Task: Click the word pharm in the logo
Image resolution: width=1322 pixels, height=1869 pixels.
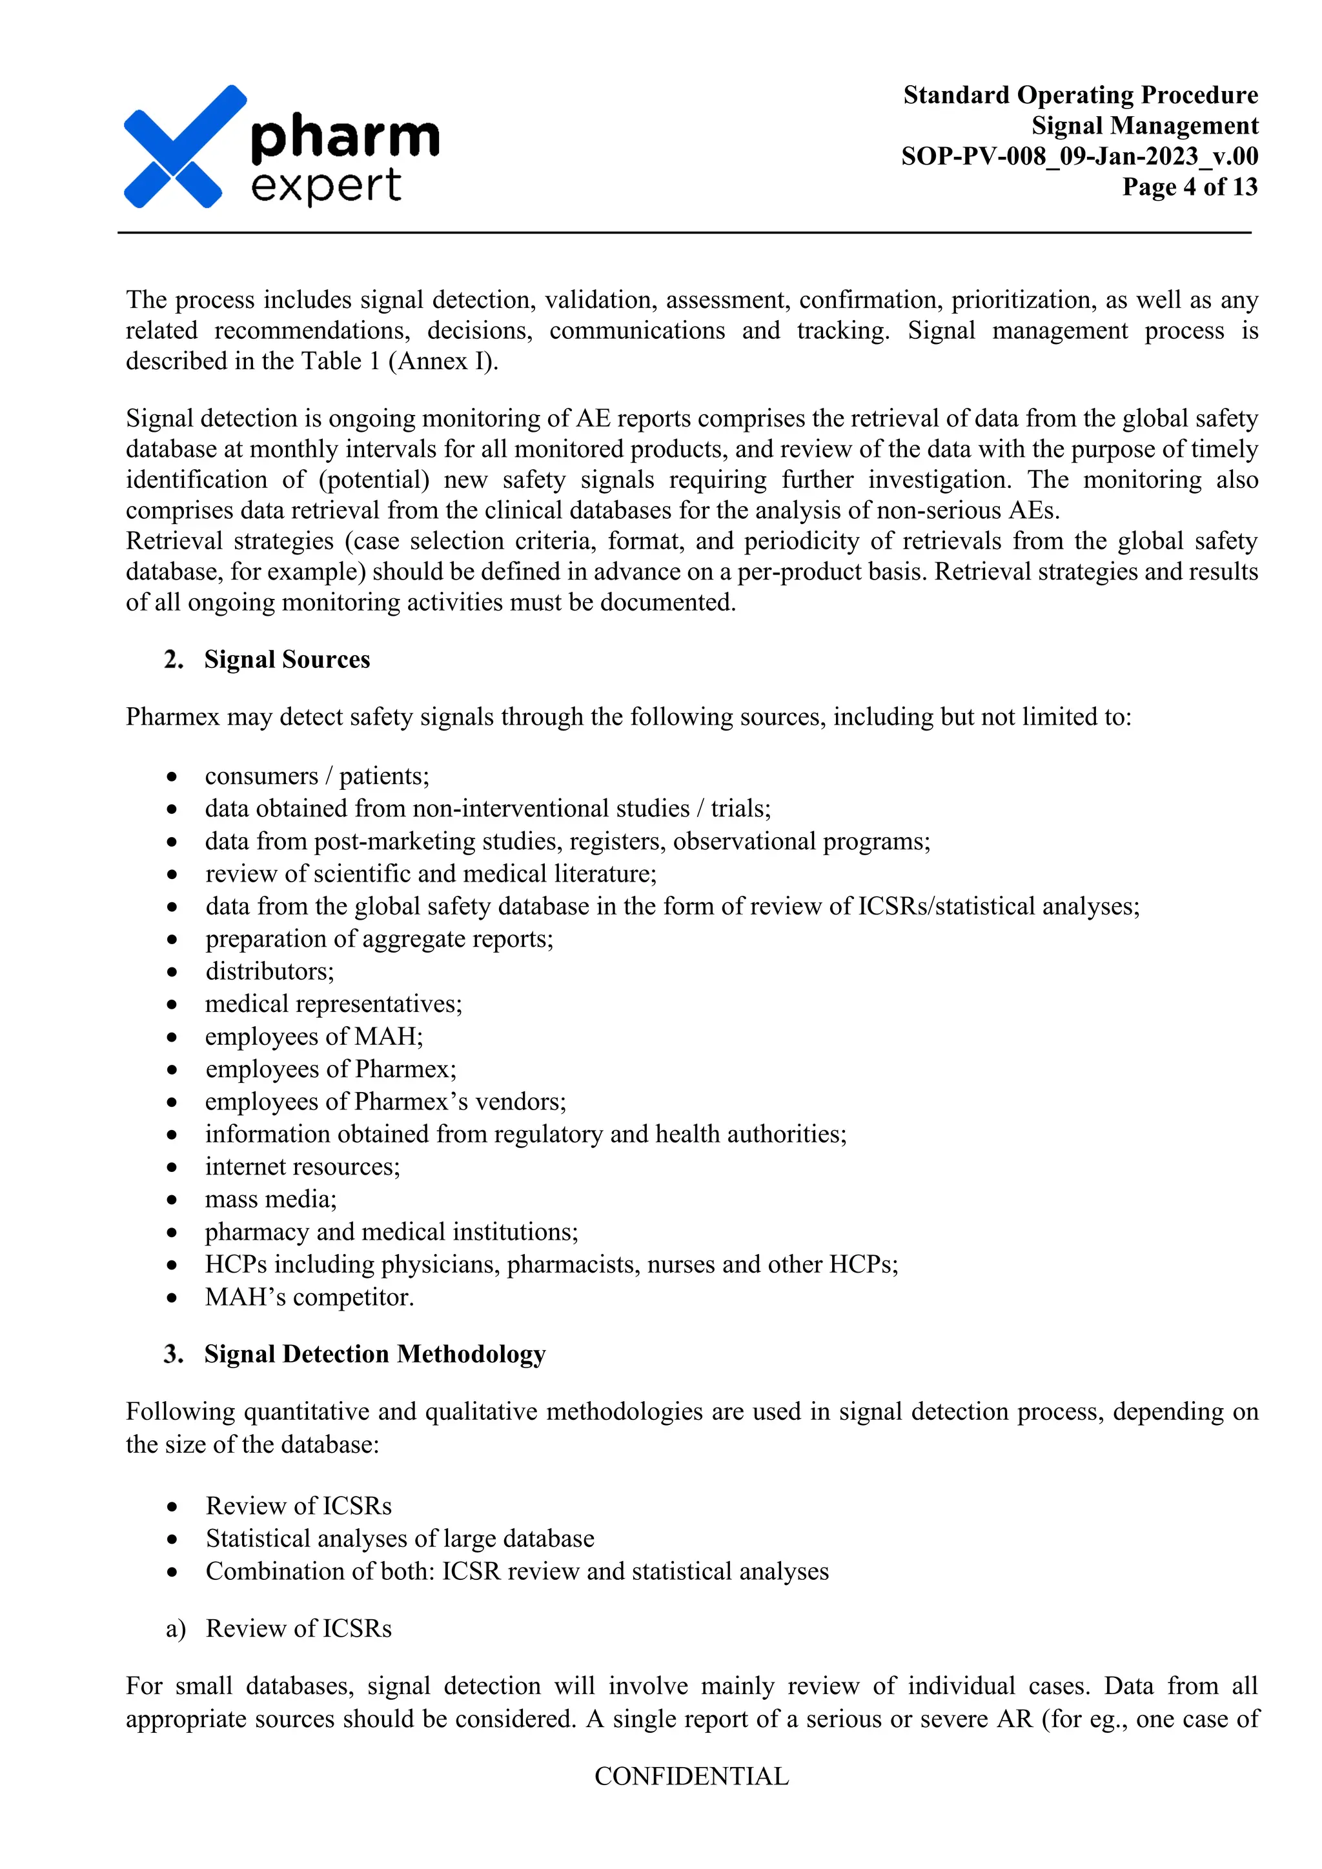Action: (345, 137)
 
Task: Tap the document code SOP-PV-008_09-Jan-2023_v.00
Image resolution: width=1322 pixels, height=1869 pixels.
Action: (1079, 156)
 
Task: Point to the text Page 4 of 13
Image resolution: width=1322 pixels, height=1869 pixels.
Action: (1189, 187)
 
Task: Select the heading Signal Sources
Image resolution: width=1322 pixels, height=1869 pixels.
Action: (287, 660)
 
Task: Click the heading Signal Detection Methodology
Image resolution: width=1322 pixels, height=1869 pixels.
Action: (374, 1354)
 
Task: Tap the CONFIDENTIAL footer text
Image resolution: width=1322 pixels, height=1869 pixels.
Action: (691, 1776)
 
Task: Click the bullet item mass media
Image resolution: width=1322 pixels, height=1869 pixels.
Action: (270, 1199)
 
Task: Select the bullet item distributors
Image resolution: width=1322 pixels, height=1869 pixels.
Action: (269, 971)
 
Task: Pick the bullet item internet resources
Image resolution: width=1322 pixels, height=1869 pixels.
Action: (302, 1166)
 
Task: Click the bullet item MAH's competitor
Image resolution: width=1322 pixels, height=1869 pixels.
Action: (309, 1297)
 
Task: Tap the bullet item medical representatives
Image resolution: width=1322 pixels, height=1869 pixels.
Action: (333, 1004)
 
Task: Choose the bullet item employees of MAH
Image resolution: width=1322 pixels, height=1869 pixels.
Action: (314, 1036)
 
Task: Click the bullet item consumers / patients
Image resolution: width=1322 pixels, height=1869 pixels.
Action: (317, 776)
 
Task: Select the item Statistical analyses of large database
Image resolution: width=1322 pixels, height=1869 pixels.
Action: (400, 1539)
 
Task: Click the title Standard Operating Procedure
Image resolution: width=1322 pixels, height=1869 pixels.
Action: (1080, 96)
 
